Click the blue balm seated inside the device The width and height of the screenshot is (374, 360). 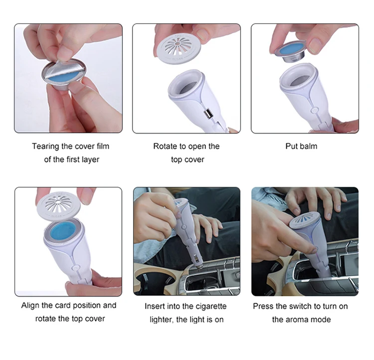(x=63, y=231)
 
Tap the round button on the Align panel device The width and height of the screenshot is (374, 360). (x=75, y=267)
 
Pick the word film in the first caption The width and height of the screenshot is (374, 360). (x=103, y=147)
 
